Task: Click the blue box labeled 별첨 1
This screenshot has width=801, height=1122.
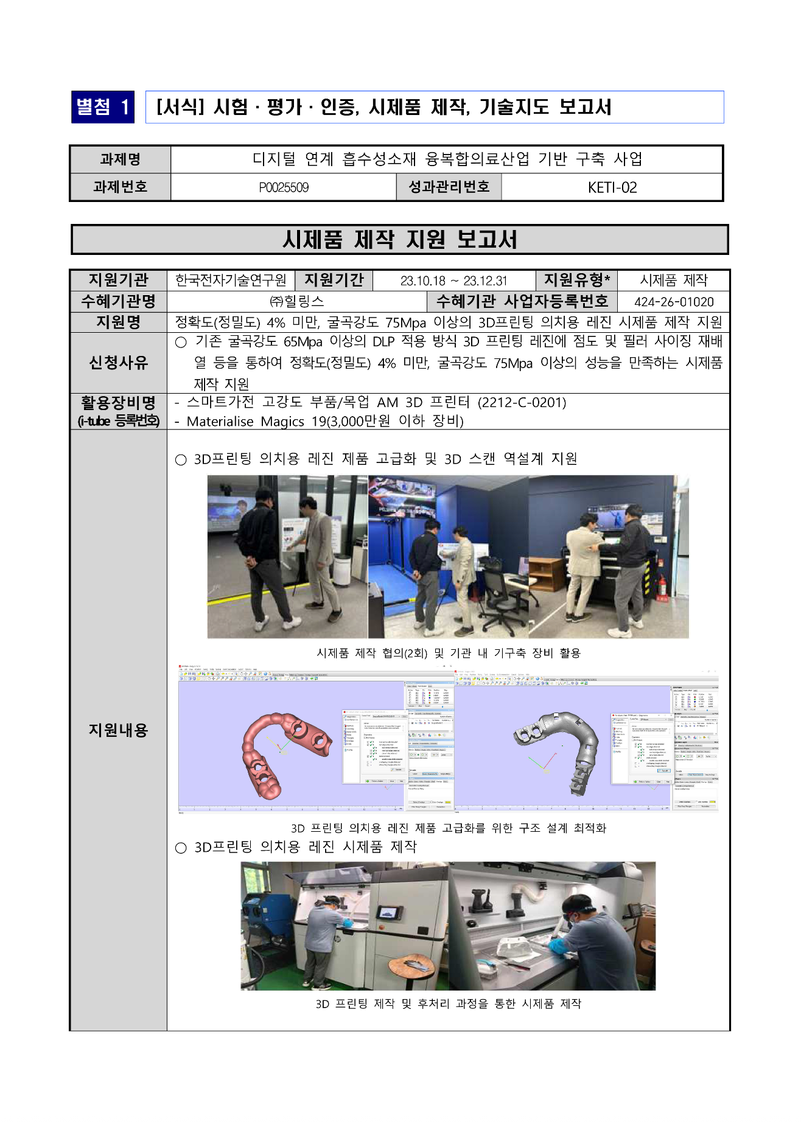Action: pyautogui.click(x=102, y=107)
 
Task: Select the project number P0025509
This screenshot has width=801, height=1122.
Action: pyautogui.click(x=284, y=187)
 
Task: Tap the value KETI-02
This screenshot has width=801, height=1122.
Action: pyautogui.click(x=612, y=187)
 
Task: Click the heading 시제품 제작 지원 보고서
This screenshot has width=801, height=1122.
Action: pyautogui.click(x=399, y=240)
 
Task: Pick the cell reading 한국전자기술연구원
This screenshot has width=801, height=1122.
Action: pyautogui.click(x=231, y=280)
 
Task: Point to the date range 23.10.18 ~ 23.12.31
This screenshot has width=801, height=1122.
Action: pyautogui.click(x=453, y=281)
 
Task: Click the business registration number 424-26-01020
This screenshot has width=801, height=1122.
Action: pyautogui.click(x=673, y=302)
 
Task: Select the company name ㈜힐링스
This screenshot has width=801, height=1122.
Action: pyautogui.click(x=296, y=302)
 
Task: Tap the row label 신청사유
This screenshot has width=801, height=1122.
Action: pyautogui.click(x=119, y=363)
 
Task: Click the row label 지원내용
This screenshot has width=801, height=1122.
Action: pyautogui.click(x=119, y=730)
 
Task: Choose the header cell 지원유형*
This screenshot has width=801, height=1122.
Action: pyautogui.click(x=576, y=280)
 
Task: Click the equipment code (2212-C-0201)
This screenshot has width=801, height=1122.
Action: pyautogui.click(x=522, y=403)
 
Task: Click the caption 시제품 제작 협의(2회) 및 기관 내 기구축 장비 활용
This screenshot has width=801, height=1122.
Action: pyautogui.click(x=449, y=653)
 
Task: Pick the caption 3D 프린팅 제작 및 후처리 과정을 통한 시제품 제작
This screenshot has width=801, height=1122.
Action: pyautogui.click(x=448, y=1003)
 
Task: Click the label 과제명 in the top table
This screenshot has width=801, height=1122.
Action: pyautogui.click(x=120, y=159)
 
